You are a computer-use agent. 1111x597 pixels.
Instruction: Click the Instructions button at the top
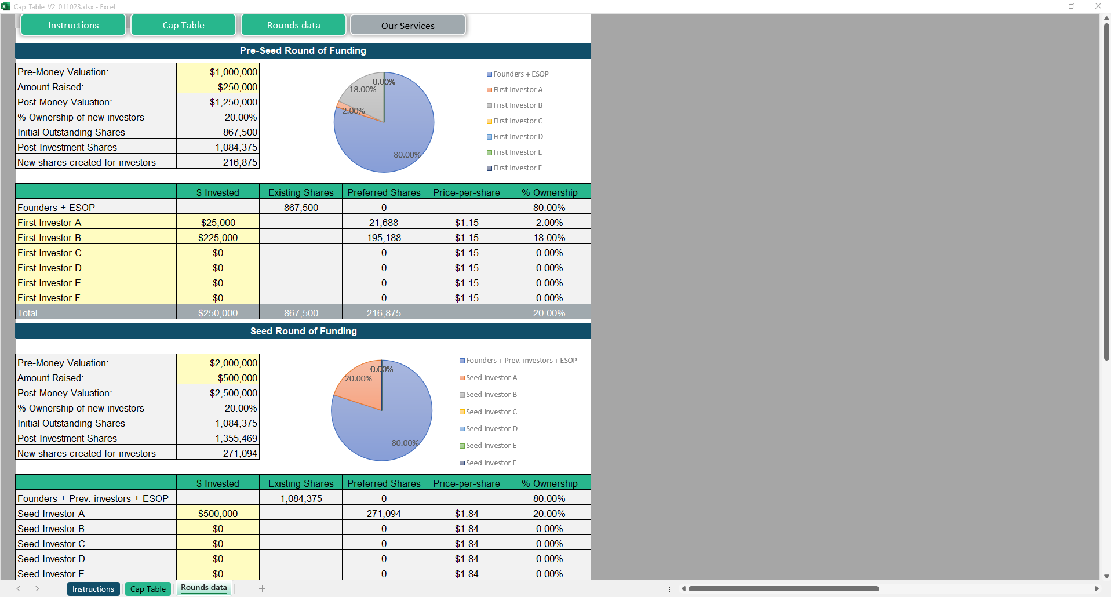73,26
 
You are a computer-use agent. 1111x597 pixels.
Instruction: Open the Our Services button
407,26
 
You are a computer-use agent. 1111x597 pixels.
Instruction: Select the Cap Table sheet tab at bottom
148,589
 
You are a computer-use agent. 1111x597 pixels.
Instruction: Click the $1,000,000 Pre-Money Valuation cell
218,72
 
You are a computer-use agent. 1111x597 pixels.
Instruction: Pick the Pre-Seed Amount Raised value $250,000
218,87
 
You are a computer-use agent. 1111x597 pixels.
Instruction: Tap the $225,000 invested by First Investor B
218,238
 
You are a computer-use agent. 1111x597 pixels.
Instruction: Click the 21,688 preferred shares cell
384,223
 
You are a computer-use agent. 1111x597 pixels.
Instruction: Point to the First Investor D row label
50,268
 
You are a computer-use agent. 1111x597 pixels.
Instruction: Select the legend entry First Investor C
518,121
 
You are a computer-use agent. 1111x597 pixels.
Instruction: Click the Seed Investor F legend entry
490,463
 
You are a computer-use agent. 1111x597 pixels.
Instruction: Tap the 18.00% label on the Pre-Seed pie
362,89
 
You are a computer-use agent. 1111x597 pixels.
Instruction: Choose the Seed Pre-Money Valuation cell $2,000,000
218,363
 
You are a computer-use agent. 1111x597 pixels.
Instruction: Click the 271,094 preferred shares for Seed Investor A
384,514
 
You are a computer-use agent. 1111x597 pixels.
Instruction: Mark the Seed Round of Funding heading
303,331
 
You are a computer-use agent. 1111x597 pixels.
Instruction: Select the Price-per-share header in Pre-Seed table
466,192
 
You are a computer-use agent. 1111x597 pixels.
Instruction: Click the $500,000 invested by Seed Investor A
218,514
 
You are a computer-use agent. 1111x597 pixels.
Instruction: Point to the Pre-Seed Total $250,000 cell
218,313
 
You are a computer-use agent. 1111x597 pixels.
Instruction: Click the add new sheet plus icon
262,589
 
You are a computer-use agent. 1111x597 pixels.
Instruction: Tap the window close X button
1098,6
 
